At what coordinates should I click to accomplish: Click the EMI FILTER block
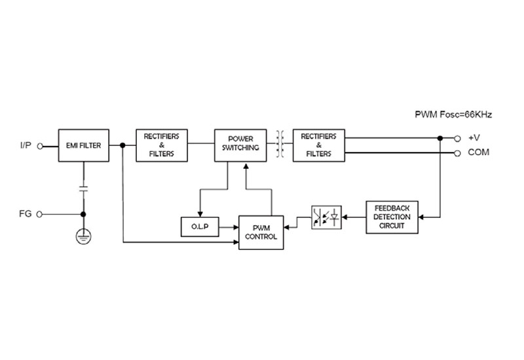(84, 145)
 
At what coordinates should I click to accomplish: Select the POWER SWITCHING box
(240, 145)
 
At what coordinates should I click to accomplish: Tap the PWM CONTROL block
(261, 232)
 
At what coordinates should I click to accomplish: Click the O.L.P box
(200, 226)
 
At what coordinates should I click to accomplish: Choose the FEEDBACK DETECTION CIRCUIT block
(392, 217)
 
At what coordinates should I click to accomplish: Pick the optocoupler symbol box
(326, 217)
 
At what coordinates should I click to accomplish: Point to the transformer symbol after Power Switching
(280, 144)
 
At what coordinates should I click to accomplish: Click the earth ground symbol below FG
(83, 236)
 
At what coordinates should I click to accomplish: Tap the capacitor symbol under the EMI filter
(83, 189)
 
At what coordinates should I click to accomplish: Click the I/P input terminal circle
(40, 146)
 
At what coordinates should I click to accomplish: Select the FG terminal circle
(39, 215)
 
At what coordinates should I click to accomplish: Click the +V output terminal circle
(457, 139)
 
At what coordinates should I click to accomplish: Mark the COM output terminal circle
(457, 153)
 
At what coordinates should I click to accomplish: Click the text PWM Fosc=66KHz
(453, 115)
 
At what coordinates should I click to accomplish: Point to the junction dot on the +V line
(440, 138)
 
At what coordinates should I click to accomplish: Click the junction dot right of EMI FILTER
(122, 145)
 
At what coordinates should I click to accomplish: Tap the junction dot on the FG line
(83, 215)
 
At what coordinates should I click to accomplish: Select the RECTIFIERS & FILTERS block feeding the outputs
(319, 145)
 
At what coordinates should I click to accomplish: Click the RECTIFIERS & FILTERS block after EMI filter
(162, 145)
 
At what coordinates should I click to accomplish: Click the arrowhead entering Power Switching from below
(246, 166)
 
